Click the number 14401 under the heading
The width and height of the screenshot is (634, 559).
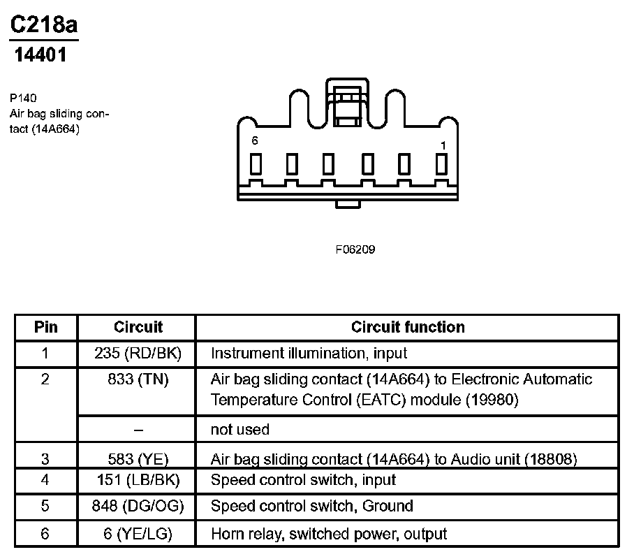41,55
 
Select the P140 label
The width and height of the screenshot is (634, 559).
23,98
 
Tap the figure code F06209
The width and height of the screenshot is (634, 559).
355,249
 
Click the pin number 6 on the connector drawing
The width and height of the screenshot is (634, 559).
255,141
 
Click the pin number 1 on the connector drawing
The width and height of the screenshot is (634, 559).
443,145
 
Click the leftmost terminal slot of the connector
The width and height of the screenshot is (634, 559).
256,164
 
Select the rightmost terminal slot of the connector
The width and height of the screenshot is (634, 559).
441,164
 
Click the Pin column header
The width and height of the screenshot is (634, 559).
46,327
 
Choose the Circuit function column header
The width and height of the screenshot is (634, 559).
407,327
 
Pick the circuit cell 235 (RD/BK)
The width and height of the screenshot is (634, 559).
138,354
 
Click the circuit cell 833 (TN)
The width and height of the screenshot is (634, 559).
138,379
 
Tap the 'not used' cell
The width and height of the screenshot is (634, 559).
239,429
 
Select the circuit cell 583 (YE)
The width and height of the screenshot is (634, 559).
138,459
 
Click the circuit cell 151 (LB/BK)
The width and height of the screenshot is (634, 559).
138,481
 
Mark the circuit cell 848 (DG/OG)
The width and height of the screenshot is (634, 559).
138,506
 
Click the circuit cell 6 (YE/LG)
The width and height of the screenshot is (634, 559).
138,534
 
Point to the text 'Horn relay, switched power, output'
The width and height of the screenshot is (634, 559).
328,534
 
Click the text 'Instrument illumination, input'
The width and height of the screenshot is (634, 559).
309,354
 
